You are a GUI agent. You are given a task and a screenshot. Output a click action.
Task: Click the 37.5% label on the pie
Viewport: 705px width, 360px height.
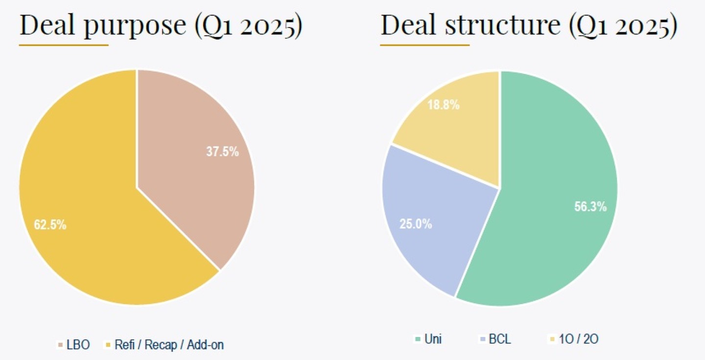pyautogui.click(x=222, y=152)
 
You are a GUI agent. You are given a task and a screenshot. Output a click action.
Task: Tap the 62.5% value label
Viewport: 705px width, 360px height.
pyautogui.click(x=50, y=225)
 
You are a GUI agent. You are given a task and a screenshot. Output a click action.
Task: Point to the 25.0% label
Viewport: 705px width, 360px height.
pyautogui.click(x=416, y=224)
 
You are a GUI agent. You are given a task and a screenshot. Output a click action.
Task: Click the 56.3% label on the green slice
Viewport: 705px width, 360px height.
pyautogui.click(x=590, y=207)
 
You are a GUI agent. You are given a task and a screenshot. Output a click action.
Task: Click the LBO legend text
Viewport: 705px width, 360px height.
pyautogui.click(x=78, y=345)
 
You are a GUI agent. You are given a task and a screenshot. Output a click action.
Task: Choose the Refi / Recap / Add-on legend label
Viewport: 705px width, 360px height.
pyautogui.click(x=169, y=345)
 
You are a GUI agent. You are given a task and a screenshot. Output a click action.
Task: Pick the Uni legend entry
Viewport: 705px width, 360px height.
pyautogui.click(x=433, y=339)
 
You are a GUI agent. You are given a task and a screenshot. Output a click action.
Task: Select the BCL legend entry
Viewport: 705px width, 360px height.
pyautogui.click(x=500, y=339)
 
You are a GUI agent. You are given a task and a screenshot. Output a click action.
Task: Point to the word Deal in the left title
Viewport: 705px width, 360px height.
pyautogui.click(x=47, y=25)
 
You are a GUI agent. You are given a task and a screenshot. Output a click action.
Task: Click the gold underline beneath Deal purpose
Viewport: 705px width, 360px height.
pyautogui.click(x=64, y=45)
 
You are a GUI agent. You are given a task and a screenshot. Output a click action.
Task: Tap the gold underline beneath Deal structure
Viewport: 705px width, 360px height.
pyautogui.click(x=425, y=45)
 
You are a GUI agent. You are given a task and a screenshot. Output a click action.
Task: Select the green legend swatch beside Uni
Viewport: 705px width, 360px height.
pyautogui.click(x=417, y=339)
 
